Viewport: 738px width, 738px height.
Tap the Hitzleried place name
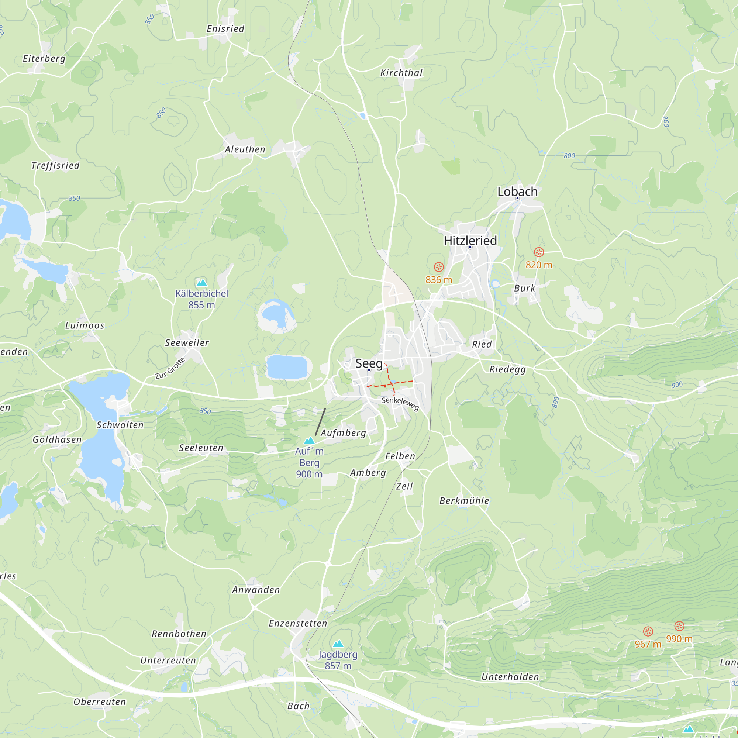click(470, 241)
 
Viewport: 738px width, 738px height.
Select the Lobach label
click(517, 192)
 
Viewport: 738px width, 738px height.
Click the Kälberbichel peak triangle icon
click(202, 283)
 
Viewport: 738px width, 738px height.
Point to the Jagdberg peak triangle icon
click(338, 644)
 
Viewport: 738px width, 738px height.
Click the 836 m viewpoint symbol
click(439, 267)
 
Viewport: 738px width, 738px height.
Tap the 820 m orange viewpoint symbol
click(539, 252)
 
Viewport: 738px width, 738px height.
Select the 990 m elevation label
click(679, 639)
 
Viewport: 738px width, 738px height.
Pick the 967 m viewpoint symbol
click(648, 631)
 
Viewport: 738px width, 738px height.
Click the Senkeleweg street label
click(400, 403)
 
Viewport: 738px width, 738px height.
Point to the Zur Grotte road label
click(170, 368)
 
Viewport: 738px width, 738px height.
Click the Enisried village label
click(225, 29)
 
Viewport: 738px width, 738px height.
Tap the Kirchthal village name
click(401, 73)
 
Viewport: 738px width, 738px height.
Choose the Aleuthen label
click(245, 150)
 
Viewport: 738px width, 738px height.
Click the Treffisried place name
click(55, 166)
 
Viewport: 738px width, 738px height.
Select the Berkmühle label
click(464, 501)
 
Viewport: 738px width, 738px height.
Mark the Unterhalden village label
click(510, 677)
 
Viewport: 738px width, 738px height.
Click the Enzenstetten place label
click(298, 623)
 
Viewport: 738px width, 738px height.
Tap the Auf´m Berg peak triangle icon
click(310, 441)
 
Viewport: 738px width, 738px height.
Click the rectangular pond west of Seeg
click(287, 367)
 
